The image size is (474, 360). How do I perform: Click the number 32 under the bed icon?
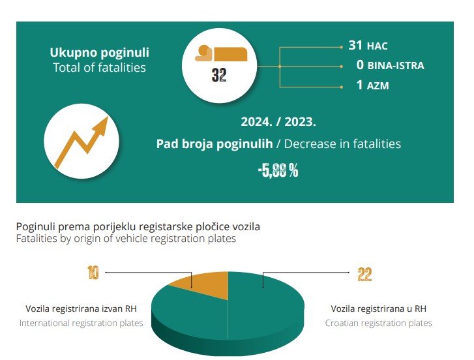(219, 76)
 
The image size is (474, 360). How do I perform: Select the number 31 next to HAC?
(355, 46)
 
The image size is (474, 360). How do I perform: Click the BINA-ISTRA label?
(395, 66)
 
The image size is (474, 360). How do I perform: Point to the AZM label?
(378, 85)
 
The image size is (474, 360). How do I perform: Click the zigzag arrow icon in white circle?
(76, 143)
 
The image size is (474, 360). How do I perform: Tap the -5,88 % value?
(278, 172)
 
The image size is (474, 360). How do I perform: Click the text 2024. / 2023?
(278, 121)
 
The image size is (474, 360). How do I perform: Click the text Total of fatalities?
(99, 67)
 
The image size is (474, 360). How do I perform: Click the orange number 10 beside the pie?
(93, 274)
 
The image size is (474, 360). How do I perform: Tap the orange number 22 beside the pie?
(364, 275)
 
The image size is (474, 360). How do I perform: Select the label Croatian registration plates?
(379, 323)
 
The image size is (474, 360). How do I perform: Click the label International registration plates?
(81, 323)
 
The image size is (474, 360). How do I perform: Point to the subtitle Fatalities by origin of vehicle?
(126, 239)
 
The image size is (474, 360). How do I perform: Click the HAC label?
(378, 46)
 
